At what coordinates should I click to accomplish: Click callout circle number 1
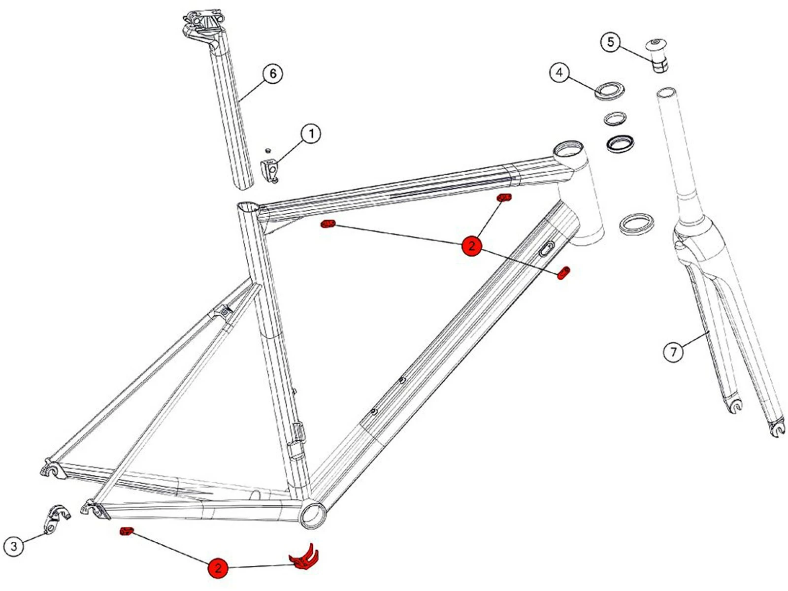(x=311, y=133)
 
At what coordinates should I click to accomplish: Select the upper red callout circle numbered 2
(x=471, y=245)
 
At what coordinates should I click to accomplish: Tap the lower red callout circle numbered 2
(x=218, y=568)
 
